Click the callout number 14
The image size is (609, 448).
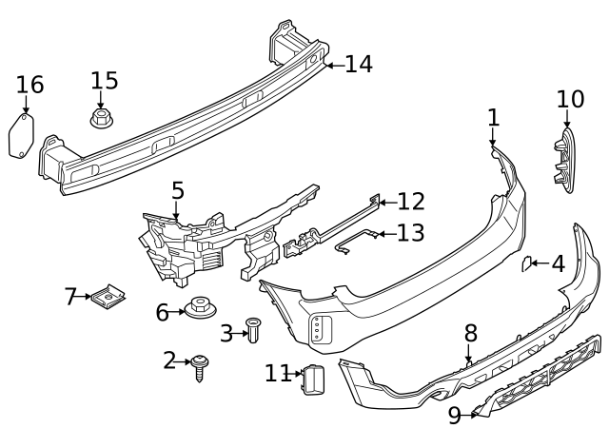(x=359, y=65)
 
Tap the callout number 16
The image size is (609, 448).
(x=29, y=85)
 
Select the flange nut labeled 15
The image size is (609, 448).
(x=102, y=119)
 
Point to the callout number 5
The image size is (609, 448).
(x=178, y=191)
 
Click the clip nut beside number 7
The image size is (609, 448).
(x=112, y=299)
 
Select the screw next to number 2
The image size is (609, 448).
(x=200, y=364)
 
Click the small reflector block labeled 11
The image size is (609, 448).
(x=315, y=380)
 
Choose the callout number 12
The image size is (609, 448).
(x=411, y=202)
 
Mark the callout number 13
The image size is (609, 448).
(x=411, y=233)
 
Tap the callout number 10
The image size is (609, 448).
(x=570, y=99)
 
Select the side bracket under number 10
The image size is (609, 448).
(x=563, y=163)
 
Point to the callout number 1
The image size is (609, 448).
(x=493, y=118)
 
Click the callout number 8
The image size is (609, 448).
(x=470, y=333)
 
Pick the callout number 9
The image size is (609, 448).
(x=454, y=415)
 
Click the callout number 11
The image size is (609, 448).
(x=277, y=373)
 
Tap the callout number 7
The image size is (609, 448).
(x=70, y=297)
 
